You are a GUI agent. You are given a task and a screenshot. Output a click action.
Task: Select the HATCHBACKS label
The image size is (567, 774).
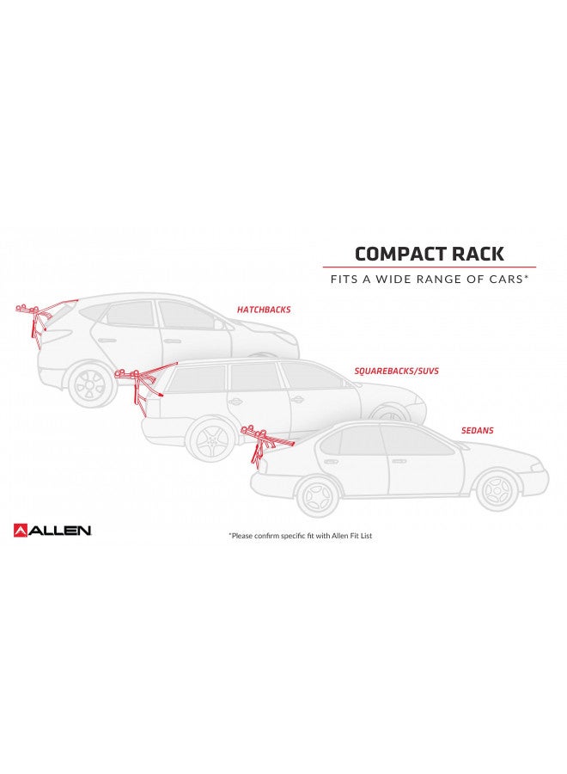(264, 310)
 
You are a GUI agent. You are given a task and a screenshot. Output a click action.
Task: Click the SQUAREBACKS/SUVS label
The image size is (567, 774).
(396, 371)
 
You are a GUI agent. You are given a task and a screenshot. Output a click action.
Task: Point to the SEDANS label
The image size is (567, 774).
(478, 431)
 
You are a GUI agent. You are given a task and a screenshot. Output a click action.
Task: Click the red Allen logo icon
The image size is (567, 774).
(21, 530)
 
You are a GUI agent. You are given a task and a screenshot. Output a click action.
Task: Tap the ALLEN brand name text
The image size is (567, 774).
(59, 531)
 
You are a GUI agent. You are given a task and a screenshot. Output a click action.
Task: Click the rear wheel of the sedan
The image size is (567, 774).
(318, 494)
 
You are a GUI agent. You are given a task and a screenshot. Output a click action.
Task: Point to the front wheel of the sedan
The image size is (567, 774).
(497, 490)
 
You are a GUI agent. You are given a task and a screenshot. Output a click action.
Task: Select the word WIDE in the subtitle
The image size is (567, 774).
(393, 279)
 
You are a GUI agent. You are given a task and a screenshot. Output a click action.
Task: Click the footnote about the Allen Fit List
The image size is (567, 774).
(301, 536)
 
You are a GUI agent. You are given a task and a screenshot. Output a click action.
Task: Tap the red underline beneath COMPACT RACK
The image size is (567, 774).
(429, 267)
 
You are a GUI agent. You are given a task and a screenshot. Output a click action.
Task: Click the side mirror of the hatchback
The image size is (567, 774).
(218, 324)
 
